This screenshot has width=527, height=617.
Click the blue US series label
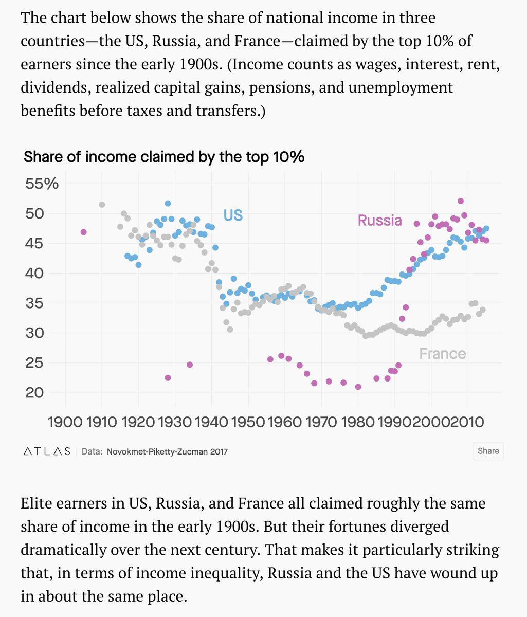pyautogui.click(x=233, y=215)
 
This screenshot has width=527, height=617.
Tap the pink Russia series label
pyautogui.click(x=379, y=220)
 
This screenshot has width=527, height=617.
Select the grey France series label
pyautogui.click(x=442, y=354)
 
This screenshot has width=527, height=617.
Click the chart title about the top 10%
pyautogui.click(x=164, y=157)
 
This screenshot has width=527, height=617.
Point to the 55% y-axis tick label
pyautogui.click(x=42, y=184)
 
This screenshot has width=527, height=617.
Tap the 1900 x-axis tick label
pyautogui.click(x=66, y=423)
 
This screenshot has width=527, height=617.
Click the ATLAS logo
pyautogui.click(x=47, y=451)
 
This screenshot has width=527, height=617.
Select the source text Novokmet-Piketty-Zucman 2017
pyautogui.click(x=167, y=451)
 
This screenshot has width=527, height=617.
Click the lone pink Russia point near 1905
pyautogui.click(x=84, y=232)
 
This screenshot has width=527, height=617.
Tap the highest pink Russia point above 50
pyautogui.click(x=461, y=201)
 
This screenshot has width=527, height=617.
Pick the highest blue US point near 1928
pyautogui.click(x=168, y=204)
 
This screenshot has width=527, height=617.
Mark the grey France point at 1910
pyautogui.click(x=102, y=205)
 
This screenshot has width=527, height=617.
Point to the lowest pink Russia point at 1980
pyautogui.click(x=358, y=387)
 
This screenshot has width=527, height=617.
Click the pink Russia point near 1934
pyautogui.click(x=190, y=365)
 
